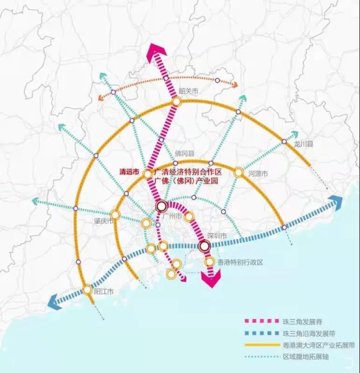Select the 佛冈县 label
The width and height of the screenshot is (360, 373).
[185, 153]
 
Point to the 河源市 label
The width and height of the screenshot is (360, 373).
[257, 174]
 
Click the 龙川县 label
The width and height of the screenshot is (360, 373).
[303, 144]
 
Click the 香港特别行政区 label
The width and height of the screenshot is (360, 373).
[240, 262]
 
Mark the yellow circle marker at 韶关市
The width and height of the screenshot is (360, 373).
[177, 101]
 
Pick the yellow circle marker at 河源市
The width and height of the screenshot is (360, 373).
[238, 172]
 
